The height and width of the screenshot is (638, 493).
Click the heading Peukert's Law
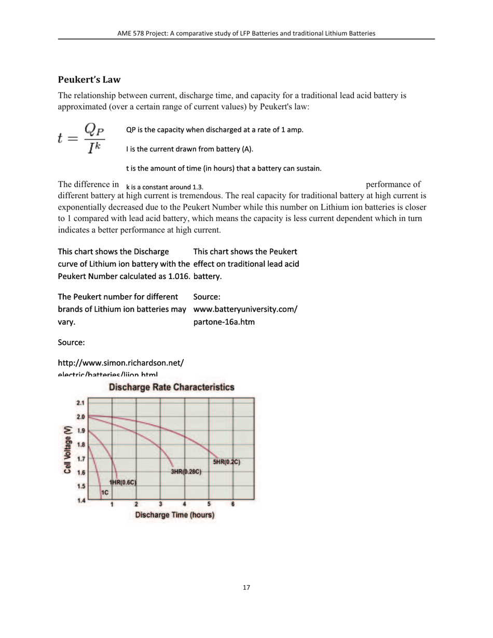tap(89, 79)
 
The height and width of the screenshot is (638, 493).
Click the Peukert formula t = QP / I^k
tap(81, 138)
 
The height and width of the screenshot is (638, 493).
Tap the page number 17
tap(246, 588)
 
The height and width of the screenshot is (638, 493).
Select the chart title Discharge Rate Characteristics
tap(172, 387)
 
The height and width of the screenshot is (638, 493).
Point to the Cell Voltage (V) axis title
tap(67, 450)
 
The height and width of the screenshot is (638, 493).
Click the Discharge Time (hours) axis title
tap(175, 515)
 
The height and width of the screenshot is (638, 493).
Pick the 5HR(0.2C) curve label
tap(227, 462)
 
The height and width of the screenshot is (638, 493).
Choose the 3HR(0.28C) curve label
tap(186, 471)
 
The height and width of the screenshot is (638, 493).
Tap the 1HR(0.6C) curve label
tap(122, 482)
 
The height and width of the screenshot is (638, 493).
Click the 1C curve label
tap(104, 492)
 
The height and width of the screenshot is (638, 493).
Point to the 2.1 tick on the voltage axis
tap(80, 403)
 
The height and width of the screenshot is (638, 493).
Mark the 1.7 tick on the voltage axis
tap(80, 459)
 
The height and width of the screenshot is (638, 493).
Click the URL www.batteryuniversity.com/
tap(245, 310)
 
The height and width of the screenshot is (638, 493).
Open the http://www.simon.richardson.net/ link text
tap(120, 363)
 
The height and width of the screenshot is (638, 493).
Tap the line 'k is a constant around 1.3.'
tap(165, 187)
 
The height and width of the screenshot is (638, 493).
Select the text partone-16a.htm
tap(224, 322)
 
